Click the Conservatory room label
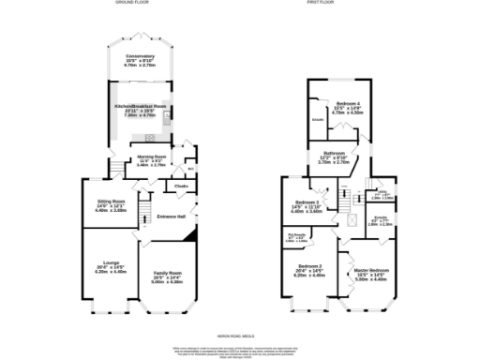click(141, 56)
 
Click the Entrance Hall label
click(172, 217)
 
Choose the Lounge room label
click(111, 263)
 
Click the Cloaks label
click(181, 187)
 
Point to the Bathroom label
click(336, 152)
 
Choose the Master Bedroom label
click(371, 271)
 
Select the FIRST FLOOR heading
click(344, 4)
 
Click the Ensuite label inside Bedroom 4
click(318, 120)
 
